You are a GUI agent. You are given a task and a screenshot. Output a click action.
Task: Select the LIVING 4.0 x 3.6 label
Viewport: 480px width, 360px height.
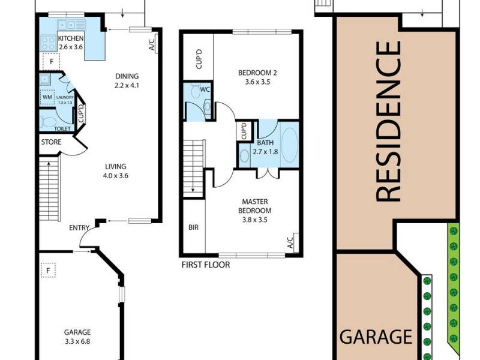[116, 171]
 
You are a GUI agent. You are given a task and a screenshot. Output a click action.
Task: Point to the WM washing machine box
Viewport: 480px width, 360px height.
[47, 97]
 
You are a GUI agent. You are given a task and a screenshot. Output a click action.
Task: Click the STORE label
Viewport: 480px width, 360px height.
[51, 142]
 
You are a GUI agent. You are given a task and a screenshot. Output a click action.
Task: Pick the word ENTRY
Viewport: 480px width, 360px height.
[79, 227]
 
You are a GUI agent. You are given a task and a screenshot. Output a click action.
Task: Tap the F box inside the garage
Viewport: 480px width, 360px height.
[48, 271]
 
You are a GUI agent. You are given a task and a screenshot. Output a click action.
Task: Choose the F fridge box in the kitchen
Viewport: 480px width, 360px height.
[52, 61]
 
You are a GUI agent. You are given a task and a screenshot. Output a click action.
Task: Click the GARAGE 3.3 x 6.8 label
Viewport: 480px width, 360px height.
[78, 336]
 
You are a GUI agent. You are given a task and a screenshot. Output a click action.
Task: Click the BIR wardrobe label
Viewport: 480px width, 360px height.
[193, 227]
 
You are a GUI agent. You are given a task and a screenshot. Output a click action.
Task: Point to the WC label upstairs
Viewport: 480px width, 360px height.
[205, 89]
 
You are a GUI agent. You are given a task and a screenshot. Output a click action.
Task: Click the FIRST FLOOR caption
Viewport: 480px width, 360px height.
[205, 265]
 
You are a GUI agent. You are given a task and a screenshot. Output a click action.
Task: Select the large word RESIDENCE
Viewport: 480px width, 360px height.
[388, 120]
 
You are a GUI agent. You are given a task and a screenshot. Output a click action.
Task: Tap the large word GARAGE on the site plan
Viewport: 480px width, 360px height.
[376, 337]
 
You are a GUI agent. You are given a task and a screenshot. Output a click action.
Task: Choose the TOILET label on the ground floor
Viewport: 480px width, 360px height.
[62, 128]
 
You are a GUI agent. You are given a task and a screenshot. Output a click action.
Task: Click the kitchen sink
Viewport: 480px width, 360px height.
[71, 25]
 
